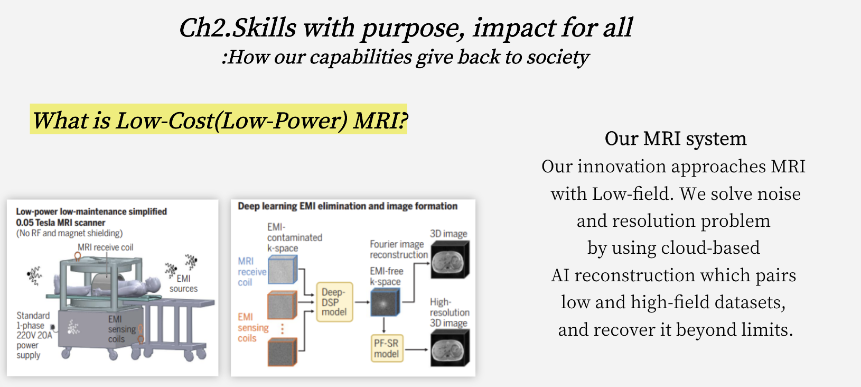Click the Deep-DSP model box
tap(334, 302)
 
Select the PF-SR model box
tap(387, 348)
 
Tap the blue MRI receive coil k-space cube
tap(283, 269)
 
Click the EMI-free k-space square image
tap(385, 303)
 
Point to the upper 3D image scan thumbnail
tap(450, 260)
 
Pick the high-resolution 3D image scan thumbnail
tap(450, 349)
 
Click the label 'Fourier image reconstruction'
tap(398, 249)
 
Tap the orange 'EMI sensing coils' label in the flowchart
tap(252, 328)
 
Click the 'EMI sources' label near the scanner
tap(183, 283)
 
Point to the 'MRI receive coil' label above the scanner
tap(106, 247)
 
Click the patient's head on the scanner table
tap(154, 284)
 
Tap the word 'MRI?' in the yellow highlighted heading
tap(380, 121)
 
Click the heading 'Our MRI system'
tap(675, 139)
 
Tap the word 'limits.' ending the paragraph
tap(767, 329)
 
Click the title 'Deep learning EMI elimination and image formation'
tap(348, 206)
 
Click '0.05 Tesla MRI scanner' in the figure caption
tap(60, 223)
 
